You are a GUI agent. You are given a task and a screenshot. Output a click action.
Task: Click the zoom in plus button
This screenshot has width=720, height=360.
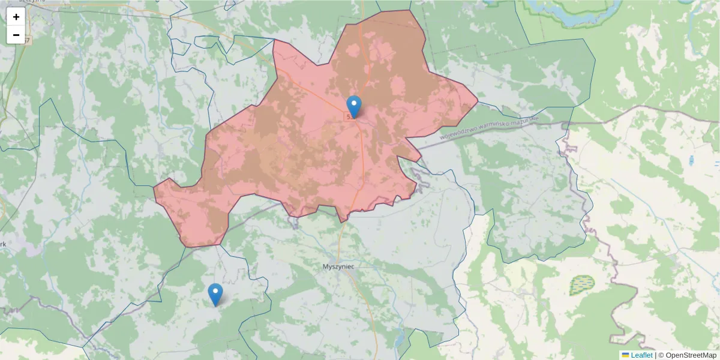(16, 17)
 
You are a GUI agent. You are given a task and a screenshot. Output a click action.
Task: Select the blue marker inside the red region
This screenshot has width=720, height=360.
(355, 107)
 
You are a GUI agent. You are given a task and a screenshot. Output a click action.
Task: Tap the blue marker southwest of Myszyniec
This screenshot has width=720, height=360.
(215, 295)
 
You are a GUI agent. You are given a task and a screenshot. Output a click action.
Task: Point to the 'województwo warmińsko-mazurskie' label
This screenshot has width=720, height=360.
(490, 127)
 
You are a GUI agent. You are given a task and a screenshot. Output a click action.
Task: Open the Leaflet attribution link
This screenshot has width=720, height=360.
(641, 355)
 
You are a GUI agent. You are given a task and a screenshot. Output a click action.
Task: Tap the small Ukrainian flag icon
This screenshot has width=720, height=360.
(625, 355)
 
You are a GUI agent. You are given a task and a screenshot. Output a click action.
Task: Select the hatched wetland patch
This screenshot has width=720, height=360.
(581, 285)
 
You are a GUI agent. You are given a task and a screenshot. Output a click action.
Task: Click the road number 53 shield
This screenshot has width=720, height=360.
(350, 116)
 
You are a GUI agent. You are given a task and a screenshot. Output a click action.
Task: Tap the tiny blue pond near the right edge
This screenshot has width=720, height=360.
(692, 161)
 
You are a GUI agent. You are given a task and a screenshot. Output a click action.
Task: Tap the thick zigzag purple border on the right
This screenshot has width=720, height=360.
(585, 198)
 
